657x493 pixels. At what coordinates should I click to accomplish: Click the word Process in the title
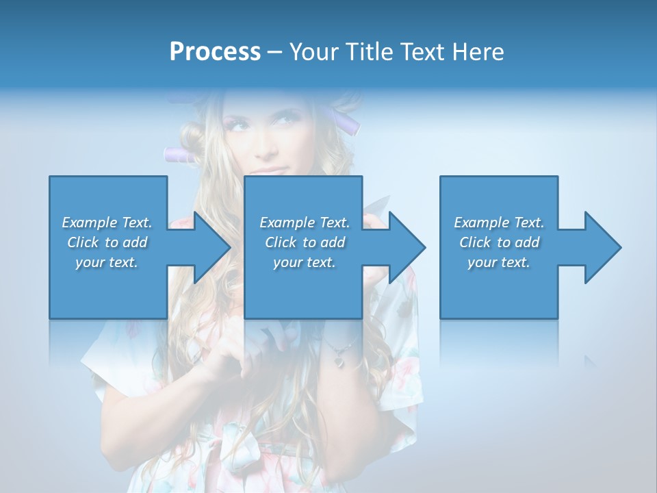click(215, 51)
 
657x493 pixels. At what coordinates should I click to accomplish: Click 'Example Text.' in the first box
click(107, 223)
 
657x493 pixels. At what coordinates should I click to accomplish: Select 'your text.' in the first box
click(107, 262)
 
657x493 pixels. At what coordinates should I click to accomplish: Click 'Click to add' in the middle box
click(305, 242)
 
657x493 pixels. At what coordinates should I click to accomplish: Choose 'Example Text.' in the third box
click(499, 223)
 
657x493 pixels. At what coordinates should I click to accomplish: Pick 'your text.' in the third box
click(499, 262)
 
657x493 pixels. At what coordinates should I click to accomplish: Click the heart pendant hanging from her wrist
click(338, 360)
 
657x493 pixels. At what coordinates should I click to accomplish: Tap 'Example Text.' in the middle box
click(305, 223)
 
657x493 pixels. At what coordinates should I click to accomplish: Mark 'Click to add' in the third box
click(499, 242)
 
